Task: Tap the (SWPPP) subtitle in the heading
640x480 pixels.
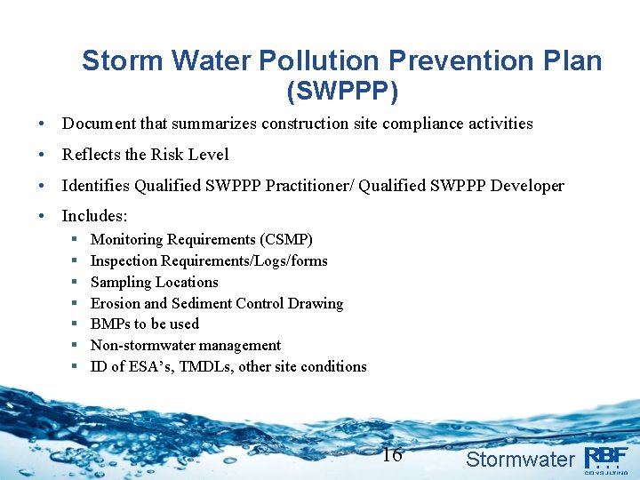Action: [342, 91]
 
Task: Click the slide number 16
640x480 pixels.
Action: [392, 456]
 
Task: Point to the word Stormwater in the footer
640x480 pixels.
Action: [520, 460]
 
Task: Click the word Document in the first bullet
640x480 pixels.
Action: [98, 124]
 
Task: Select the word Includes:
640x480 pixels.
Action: [95, 216]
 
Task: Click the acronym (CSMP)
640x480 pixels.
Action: [286, 240]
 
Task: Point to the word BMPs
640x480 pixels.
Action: [110, 324]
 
